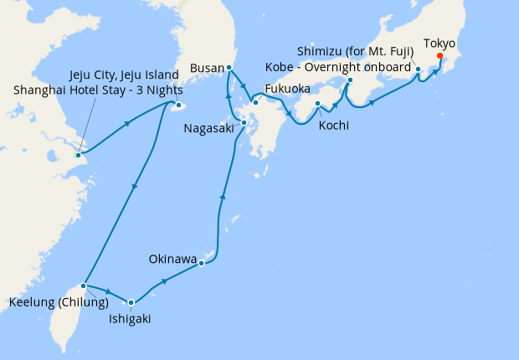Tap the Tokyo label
[x=439, y=43]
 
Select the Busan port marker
[x=229, y=68]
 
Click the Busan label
[x=206, y=67]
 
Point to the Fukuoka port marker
[x=255, y=102]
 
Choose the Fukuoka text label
[x=287, y=88]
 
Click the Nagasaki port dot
[x=244, y=123]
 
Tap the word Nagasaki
[x=209, y=130]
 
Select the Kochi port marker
[x=318, y=104]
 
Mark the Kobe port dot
[x=349, y=80]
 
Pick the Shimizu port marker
[x=418, y=81]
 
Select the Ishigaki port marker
[x=131, y=302]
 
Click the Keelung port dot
[x=84, y=285]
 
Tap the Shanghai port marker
[x=78, y=155]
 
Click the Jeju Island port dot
[x=177, y=106]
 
